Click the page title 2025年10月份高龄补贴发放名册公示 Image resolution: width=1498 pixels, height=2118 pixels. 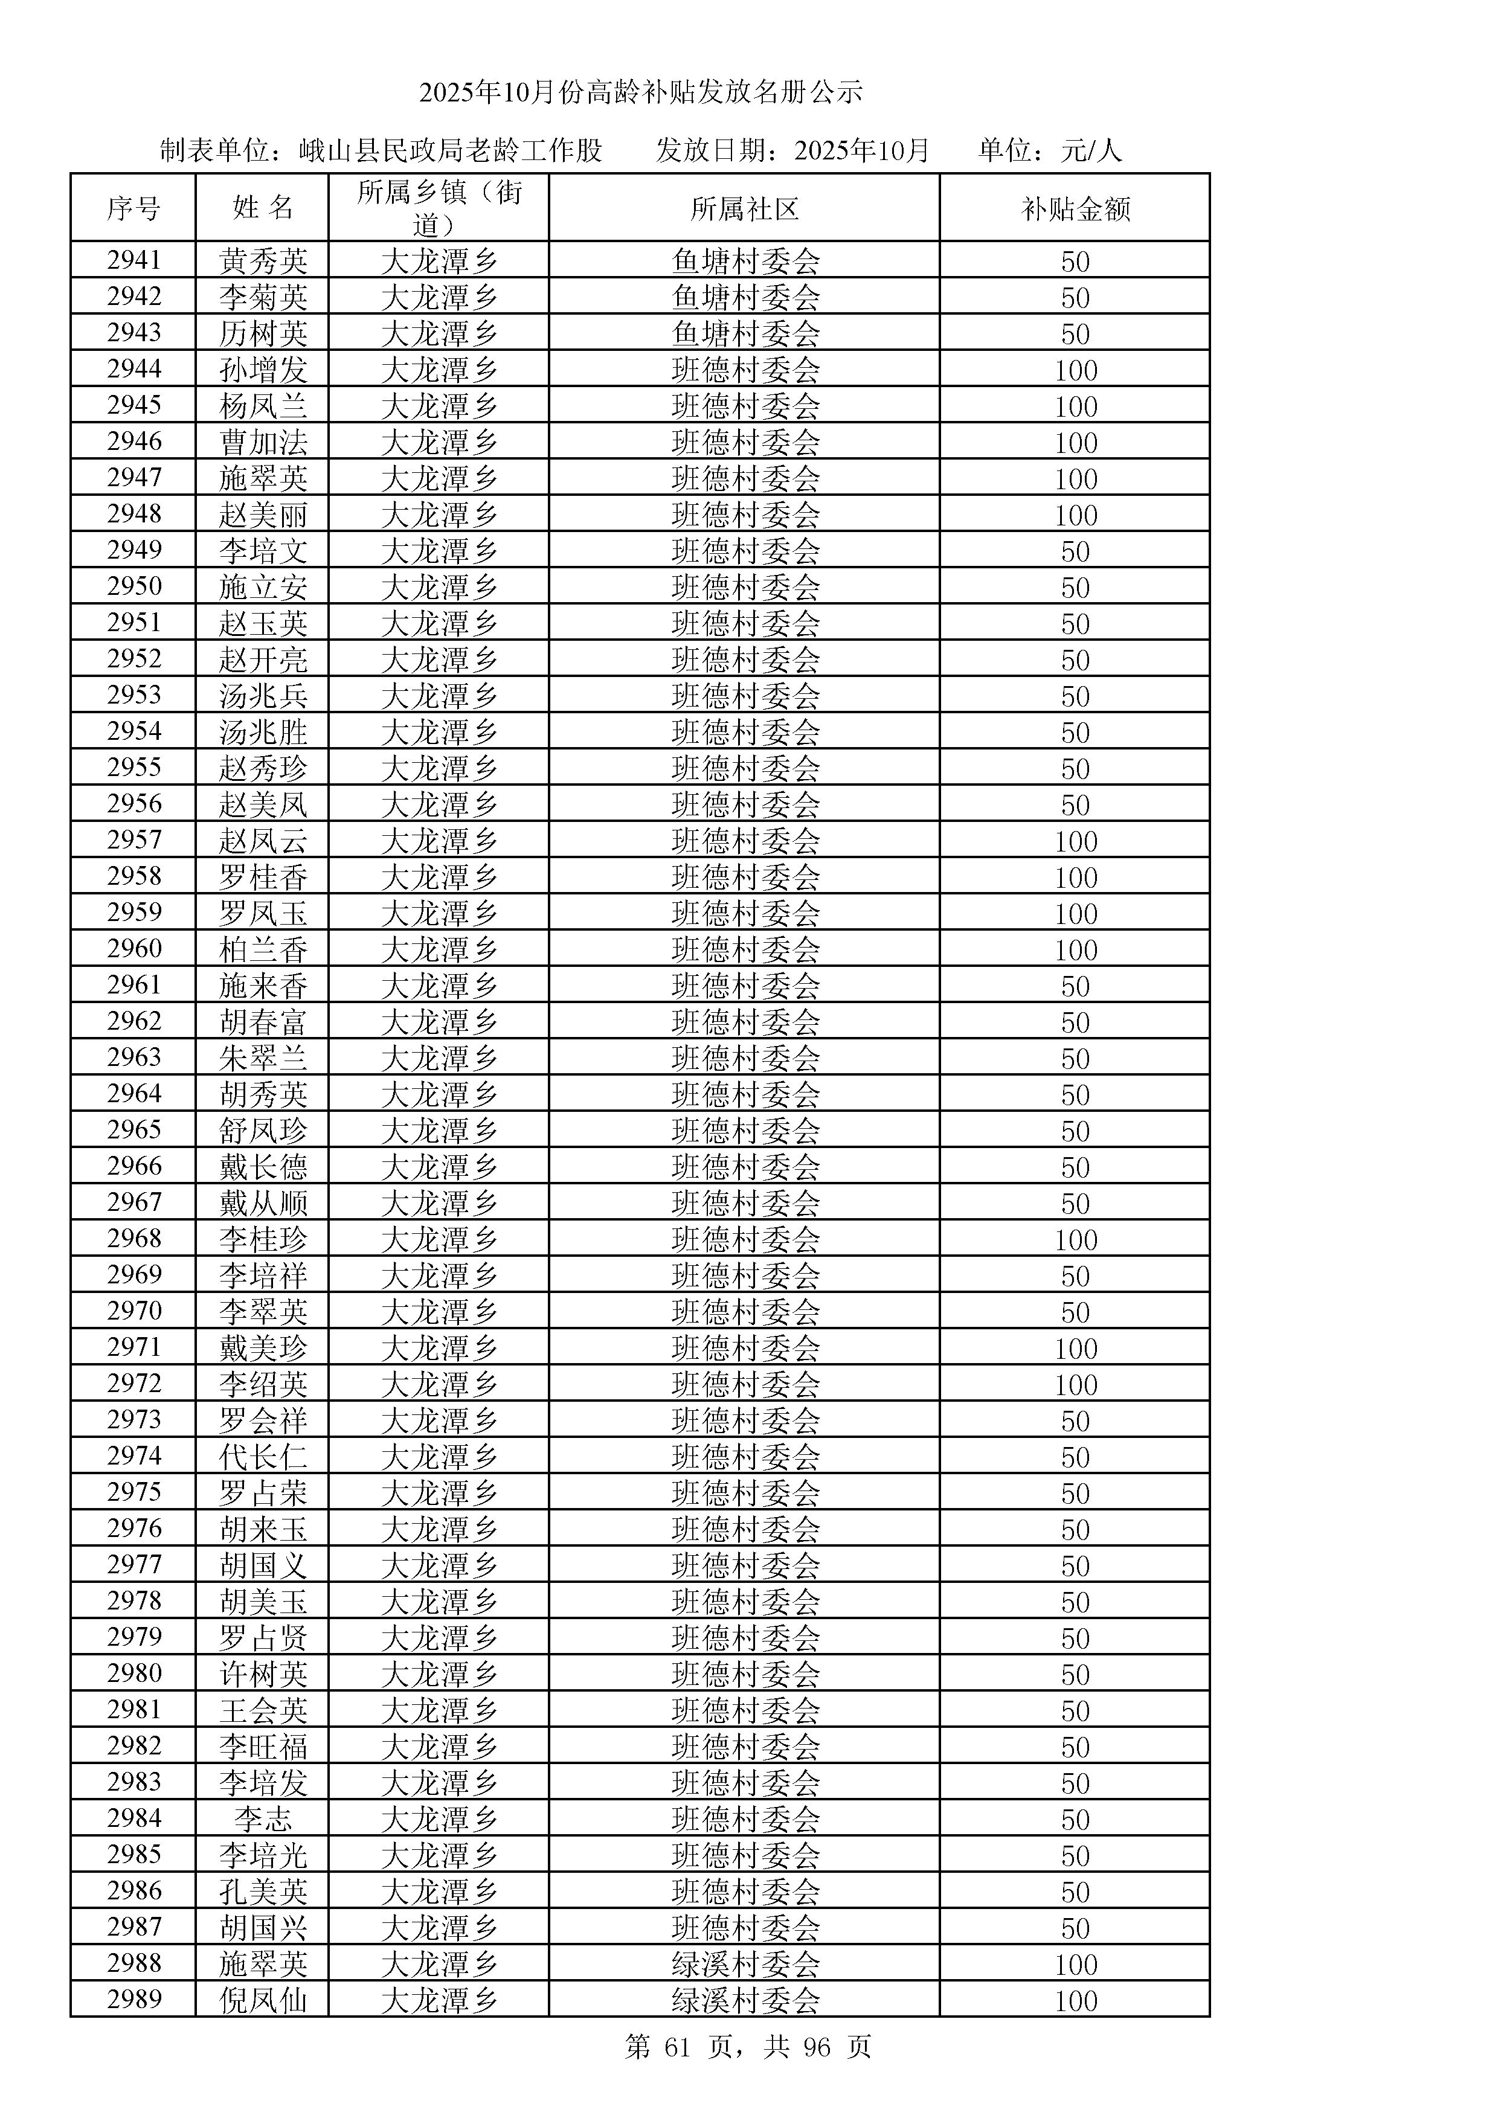point(641,92)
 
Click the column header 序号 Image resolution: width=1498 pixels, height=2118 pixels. point(133,208)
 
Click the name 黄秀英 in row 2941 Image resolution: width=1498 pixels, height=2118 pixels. point(263,261)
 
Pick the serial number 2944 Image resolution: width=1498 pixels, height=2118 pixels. point(133,369)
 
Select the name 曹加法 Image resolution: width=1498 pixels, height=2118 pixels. point(263,442)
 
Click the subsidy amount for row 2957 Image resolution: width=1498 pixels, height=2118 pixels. point(1076,840)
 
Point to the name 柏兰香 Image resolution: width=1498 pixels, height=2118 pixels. point(263,949)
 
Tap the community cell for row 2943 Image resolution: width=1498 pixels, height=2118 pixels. point(745,333)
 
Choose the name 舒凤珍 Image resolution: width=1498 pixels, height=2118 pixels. point(263,1130)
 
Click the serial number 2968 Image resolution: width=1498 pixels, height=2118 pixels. point(133,1239)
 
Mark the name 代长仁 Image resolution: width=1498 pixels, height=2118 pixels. point(263,1457)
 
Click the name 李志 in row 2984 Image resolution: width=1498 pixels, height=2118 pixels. point(263,1819)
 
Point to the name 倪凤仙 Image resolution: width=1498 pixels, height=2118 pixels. point(263,2000)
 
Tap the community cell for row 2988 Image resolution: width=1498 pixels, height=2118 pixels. point(745,1964)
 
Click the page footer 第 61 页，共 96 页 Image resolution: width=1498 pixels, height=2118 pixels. point(748,2047)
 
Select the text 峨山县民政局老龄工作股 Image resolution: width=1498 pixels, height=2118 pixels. point(450,150)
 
